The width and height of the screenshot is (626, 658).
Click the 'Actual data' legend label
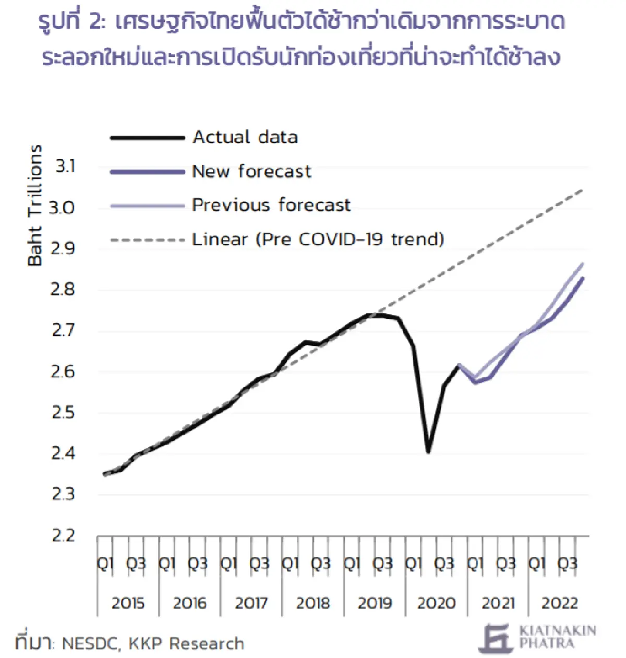[245, 137]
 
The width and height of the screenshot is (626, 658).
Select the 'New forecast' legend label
[251, 171]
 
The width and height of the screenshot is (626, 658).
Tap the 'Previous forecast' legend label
[271, 205]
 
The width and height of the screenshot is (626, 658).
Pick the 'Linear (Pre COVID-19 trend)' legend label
[318, 240]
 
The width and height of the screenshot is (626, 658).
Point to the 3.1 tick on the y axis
[66, 166]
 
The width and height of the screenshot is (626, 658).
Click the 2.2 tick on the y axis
[64, 535]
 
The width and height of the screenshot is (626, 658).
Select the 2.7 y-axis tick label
[64, 330]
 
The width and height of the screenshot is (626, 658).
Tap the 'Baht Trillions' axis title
[34, 206]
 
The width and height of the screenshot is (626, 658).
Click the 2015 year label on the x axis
[128, 603]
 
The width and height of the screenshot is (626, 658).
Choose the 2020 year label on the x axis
[436, 603]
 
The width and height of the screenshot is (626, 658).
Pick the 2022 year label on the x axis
[559, 603]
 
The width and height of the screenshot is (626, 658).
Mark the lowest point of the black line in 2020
[428, 452]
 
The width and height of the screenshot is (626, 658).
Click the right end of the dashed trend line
[583, 190]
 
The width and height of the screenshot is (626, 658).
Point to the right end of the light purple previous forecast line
[583, 264]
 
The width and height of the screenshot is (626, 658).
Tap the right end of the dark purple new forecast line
[583, 278]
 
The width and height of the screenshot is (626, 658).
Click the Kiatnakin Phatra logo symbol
[496, 638]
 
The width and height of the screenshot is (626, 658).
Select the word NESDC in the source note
[90, 644]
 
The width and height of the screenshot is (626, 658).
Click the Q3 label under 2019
[382, 564]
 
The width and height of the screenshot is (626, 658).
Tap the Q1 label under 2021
[475, 564]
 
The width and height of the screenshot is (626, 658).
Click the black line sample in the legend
[148, 138]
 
